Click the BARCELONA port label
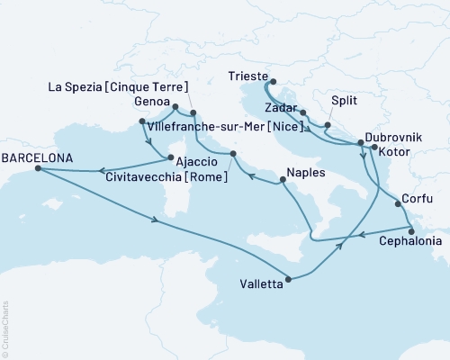pos(35,156)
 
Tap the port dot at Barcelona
pos(39,169)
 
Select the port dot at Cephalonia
pos(411,229)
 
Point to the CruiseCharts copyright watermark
pos(5,329)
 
